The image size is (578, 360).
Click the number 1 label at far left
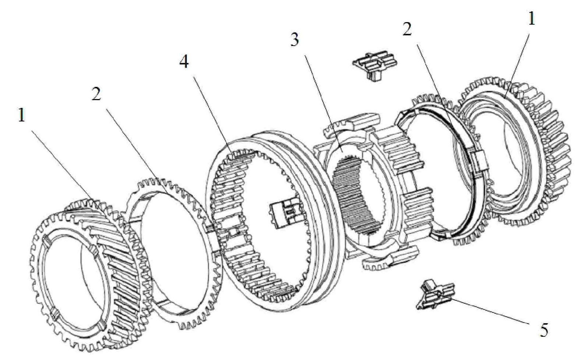tap(21, 115)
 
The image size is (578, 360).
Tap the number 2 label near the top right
tap(407, 29)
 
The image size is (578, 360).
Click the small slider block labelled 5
tap(435, 295)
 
